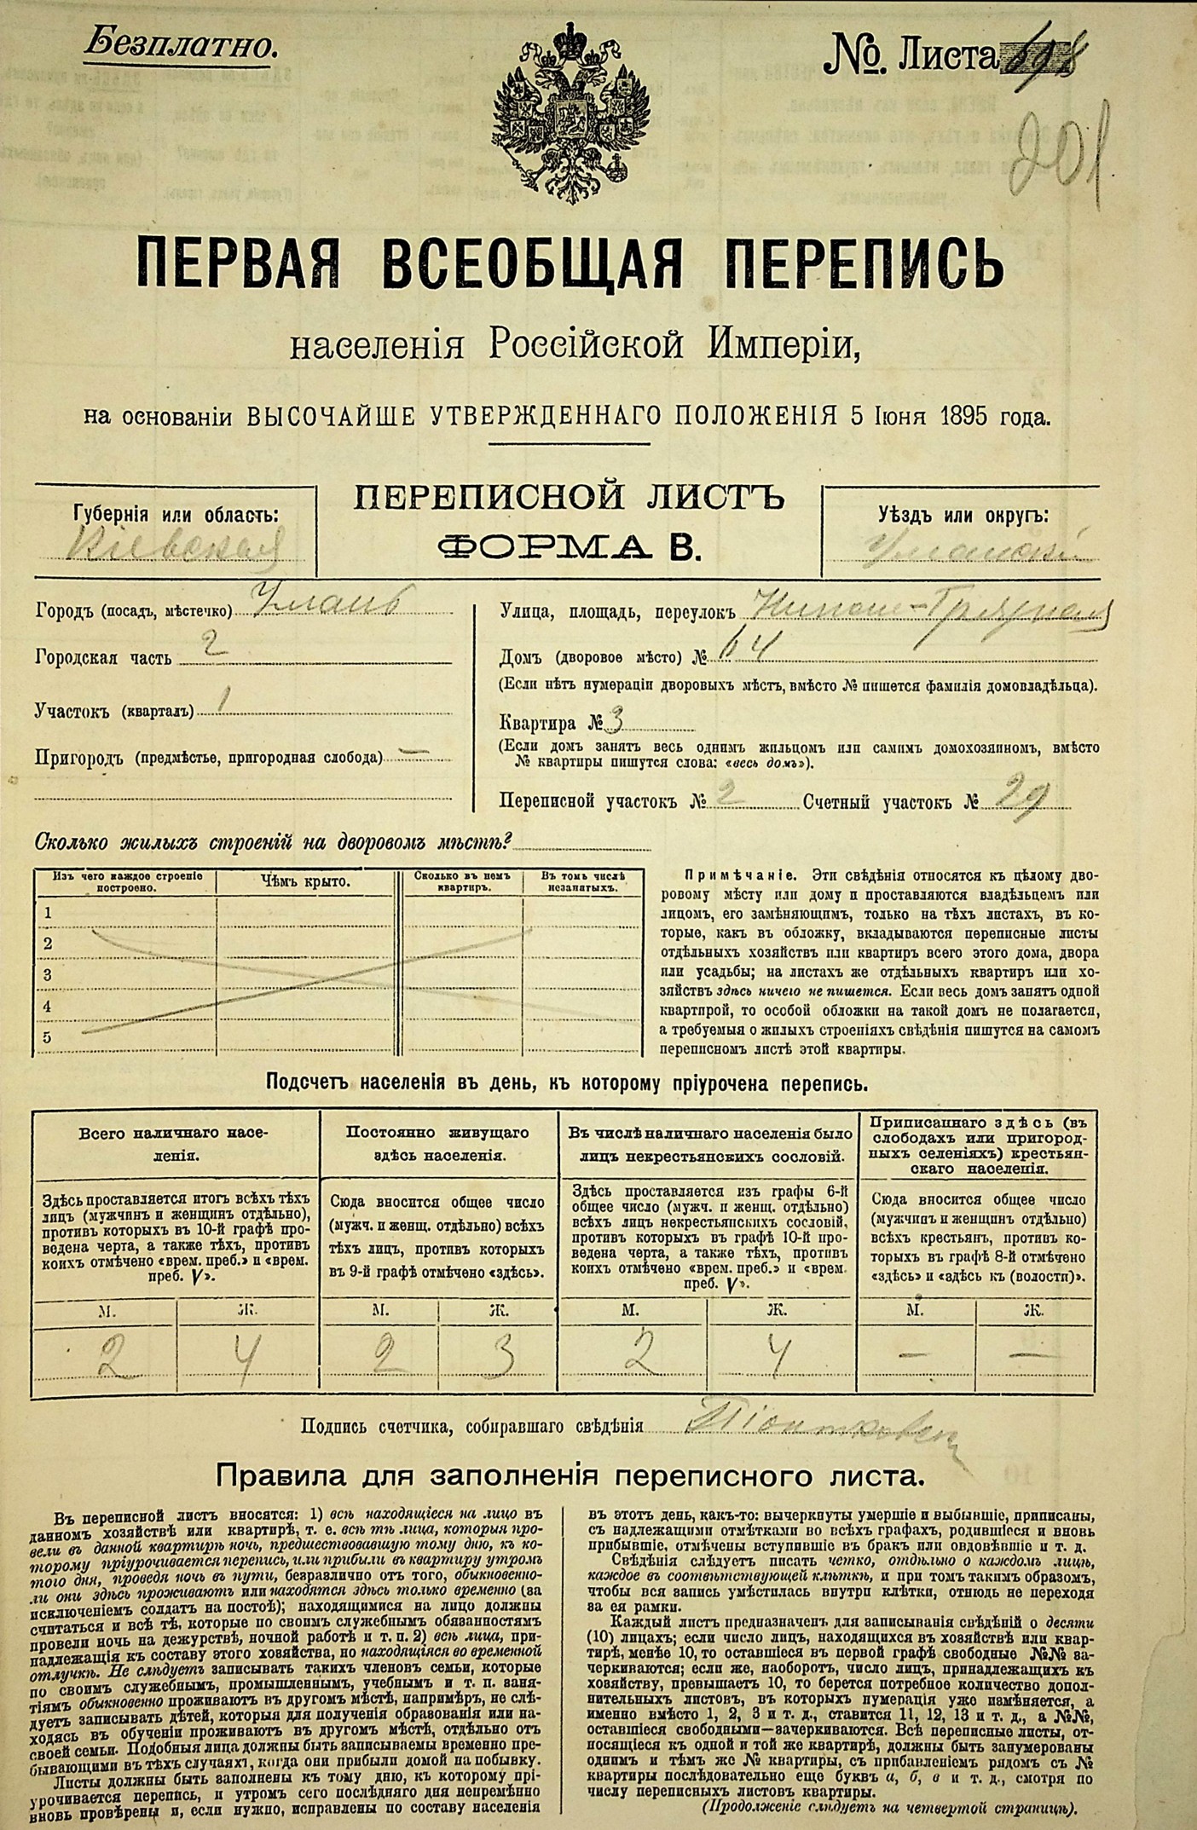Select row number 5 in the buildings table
point(48,1037)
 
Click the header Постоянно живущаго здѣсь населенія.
point(437,1144)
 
